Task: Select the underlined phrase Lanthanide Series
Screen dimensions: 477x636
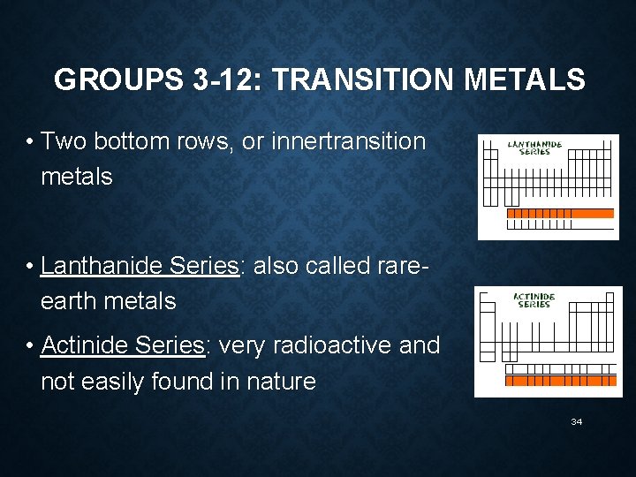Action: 140,266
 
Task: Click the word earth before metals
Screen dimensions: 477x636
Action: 69,301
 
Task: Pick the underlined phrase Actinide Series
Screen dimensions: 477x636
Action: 122,345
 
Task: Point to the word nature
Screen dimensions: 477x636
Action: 282,382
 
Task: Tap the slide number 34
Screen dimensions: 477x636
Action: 577,422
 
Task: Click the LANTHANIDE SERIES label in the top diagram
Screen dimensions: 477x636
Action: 534,148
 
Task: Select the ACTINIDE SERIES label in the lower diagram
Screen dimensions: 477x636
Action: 534,300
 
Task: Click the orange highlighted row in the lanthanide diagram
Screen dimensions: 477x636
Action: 560,213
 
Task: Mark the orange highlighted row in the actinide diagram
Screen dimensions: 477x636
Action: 560,381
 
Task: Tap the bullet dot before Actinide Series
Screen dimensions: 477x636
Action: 30,346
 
